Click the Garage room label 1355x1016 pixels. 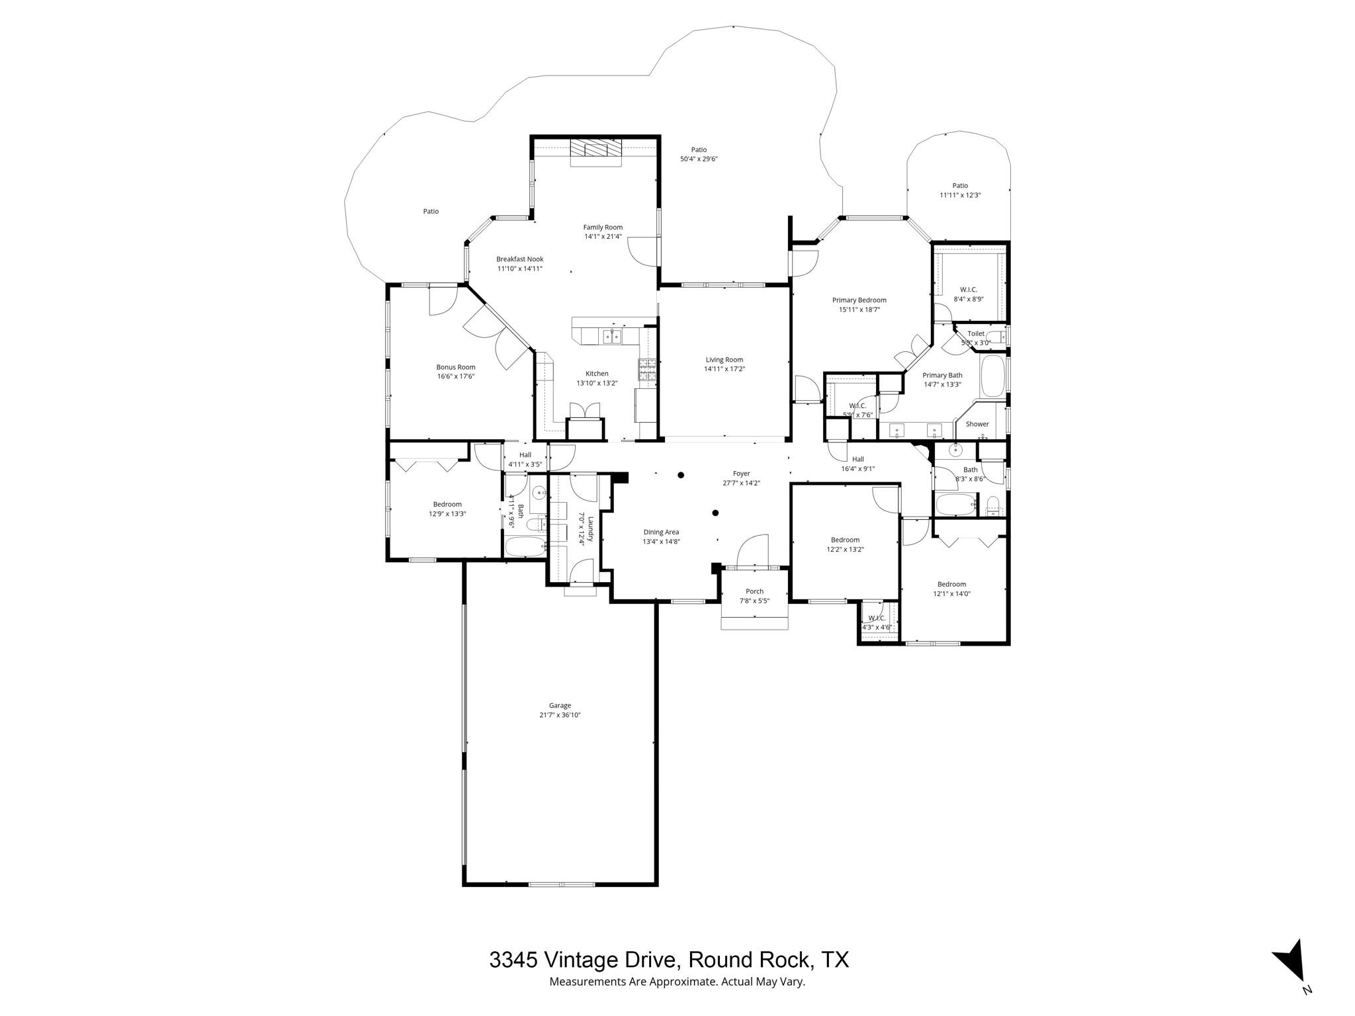click(x=559, y=705)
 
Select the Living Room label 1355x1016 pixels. click(x=724, y=360)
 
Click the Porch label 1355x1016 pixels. click(x=754, y=591)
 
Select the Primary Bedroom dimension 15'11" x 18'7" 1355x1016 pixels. click(x=859, y=310)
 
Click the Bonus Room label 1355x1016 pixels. click(x=455, y=367)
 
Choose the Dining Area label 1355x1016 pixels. click(x=661, y=532)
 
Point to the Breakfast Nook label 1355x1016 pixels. click(x=519, y=259)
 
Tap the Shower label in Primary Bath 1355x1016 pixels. click(x=977, y=424)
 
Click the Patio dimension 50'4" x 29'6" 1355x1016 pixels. click(x=699, y=159)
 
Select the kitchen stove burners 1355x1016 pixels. click(x=646, y=368)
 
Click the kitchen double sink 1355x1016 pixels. click(x=612, y=337)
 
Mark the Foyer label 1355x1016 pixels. click(x=741, y=474)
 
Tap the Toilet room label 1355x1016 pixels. click(x=975, y=333)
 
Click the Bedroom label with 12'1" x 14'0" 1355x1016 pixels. click(x=951, y=584)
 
